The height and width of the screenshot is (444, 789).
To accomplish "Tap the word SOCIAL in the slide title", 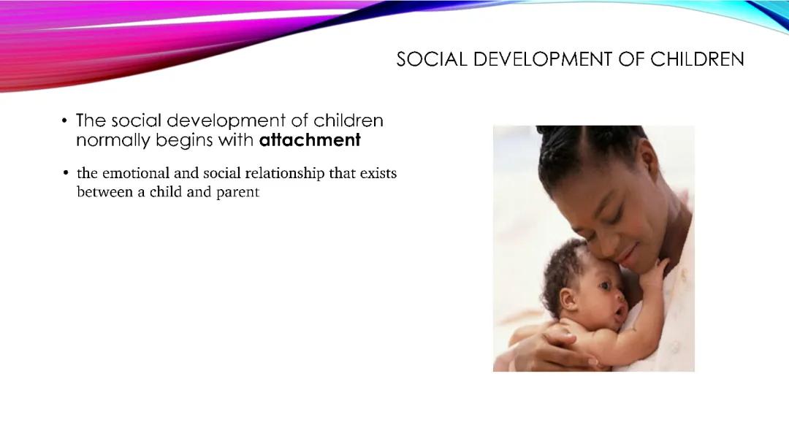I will click(x=431, y=60).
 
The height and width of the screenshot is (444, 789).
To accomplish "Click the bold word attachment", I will click(x=310, y=140).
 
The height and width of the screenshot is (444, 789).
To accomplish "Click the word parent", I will click(x=237, y=194).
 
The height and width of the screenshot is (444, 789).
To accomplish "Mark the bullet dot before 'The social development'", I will click(x=65, y=121).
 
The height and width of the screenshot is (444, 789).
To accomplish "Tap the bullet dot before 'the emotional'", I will click(x=66, y=174).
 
